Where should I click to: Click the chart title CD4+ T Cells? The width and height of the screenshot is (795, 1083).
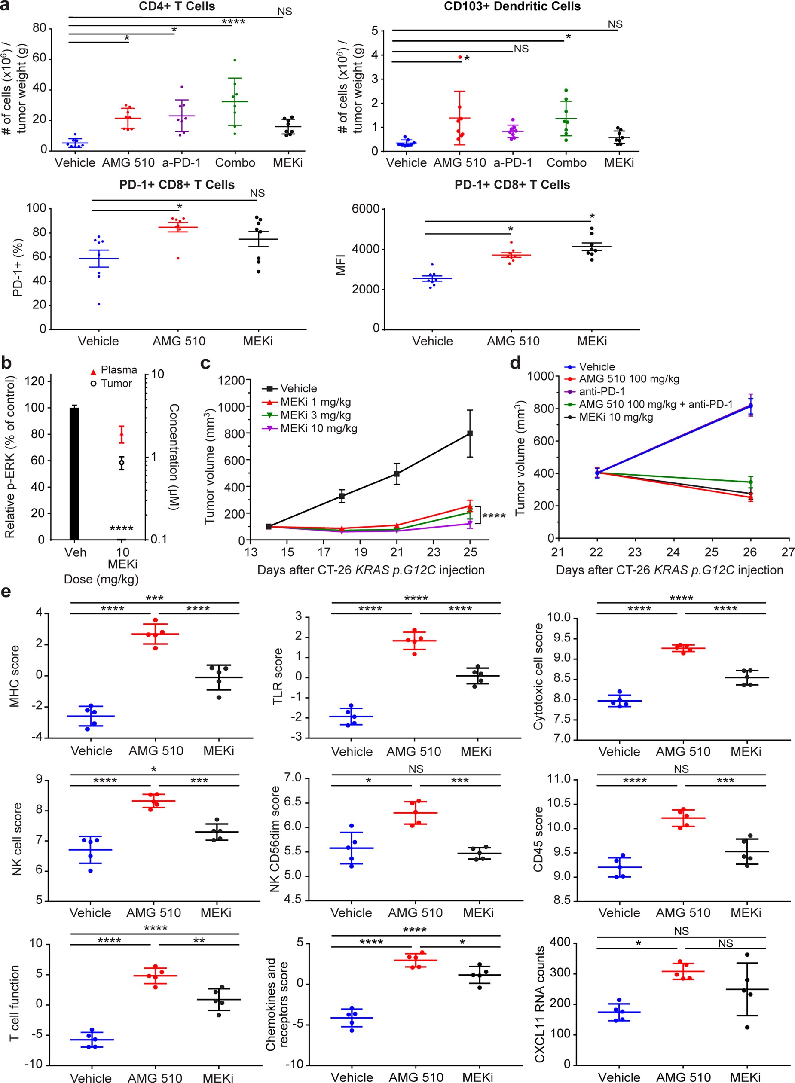pos(177,6)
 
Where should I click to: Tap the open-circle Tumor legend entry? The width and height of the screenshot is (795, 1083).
pos(94,384)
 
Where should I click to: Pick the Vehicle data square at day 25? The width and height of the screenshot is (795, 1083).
pos(470,433)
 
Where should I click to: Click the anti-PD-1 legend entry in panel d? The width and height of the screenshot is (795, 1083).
pos(602,391)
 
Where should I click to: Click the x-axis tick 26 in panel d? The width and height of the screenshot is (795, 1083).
pos(750,552)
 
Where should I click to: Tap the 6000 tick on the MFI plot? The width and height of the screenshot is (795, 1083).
pos(365,209)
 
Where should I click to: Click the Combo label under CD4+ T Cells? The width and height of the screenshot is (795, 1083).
pos(235,163)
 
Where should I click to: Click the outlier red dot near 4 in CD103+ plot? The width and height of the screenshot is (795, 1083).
pos(459,57)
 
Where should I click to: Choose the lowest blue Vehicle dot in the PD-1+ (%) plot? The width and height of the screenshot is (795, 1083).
pos(99,304)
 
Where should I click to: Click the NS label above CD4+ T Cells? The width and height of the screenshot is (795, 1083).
pos(284,12)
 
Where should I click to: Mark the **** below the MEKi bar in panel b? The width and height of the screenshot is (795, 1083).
pos(121,529)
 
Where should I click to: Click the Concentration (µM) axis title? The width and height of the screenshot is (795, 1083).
pos(174,457)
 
